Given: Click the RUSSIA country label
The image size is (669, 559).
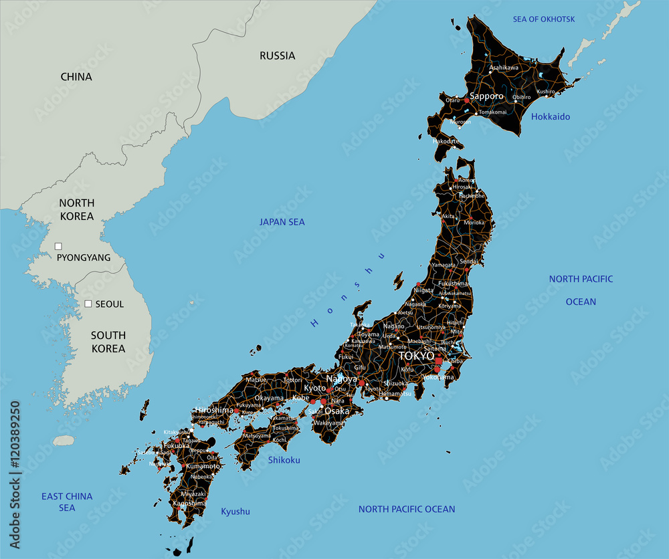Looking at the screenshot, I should click(x=277, y=55).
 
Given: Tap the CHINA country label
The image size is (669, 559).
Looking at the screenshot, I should click(x=76, y=77).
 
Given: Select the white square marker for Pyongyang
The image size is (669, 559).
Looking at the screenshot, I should click(x=59, y=246).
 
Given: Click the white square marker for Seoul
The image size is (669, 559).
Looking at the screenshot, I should click(x=88, y=304).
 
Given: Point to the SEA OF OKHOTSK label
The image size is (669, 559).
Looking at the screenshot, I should click(x=543, y=19).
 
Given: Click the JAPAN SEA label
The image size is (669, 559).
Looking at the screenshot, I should click(x=282, y=222).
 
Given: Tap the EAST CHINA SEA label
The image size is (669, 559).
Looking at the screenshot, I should click(x=67, y=501).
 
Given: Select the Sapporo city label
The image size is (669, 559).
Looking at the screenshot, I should click(x=486, y=96).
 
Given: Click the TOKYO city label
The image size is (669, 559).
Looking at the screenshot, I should click(x=416, y=356).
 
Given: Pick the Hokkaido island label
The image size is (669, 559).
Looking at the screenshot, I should click(x=551, y=117).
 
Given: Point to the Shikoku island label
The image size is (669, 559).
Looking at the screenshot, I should click(x=284, y=460).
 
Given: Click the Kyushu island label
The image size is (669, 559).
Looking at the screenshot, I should click(x=235, y=512).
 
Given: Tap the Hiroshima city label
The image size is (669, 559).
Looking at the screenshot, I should click(x=214, y=410).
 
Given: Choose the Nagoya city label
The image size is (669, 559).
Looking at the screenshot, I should click(x=341, y=378).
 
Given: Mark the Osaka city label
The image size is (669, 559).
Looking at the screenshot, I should click(x=337, y=411).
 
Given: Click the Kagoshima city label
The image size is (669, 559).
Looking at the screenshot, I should click(x=189, y=504).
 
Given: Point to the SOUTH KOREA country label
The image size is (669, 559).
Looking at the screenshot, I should click(x=108, y=342).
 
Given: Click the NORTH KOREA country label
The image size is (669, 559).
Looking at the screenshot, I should click(x=76, y=209).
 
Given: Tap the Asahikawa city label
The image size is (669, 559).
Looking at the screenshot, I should click(x=504, y=68).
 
